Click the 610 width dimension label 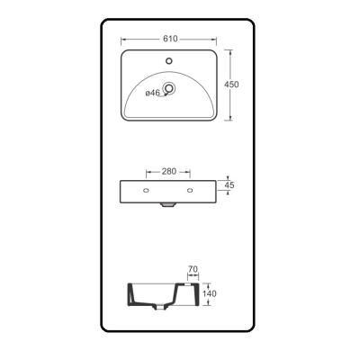click(x=170, y=39)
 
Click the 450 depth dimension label click(x=231, y=85)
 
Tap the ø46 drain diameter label click(x=153, y=93)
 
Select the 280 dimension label click(x=169, y=172)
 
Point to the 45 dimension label click(x=229, y=185)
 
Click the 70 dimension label click(x=193, y=269)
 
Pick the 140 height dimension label click(x=209, y=293)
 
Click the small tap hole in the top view click(x=169, y=61)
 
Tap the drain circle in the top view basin click(x=169, y=88)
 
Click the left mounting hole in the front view click(x=147, y=190)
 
